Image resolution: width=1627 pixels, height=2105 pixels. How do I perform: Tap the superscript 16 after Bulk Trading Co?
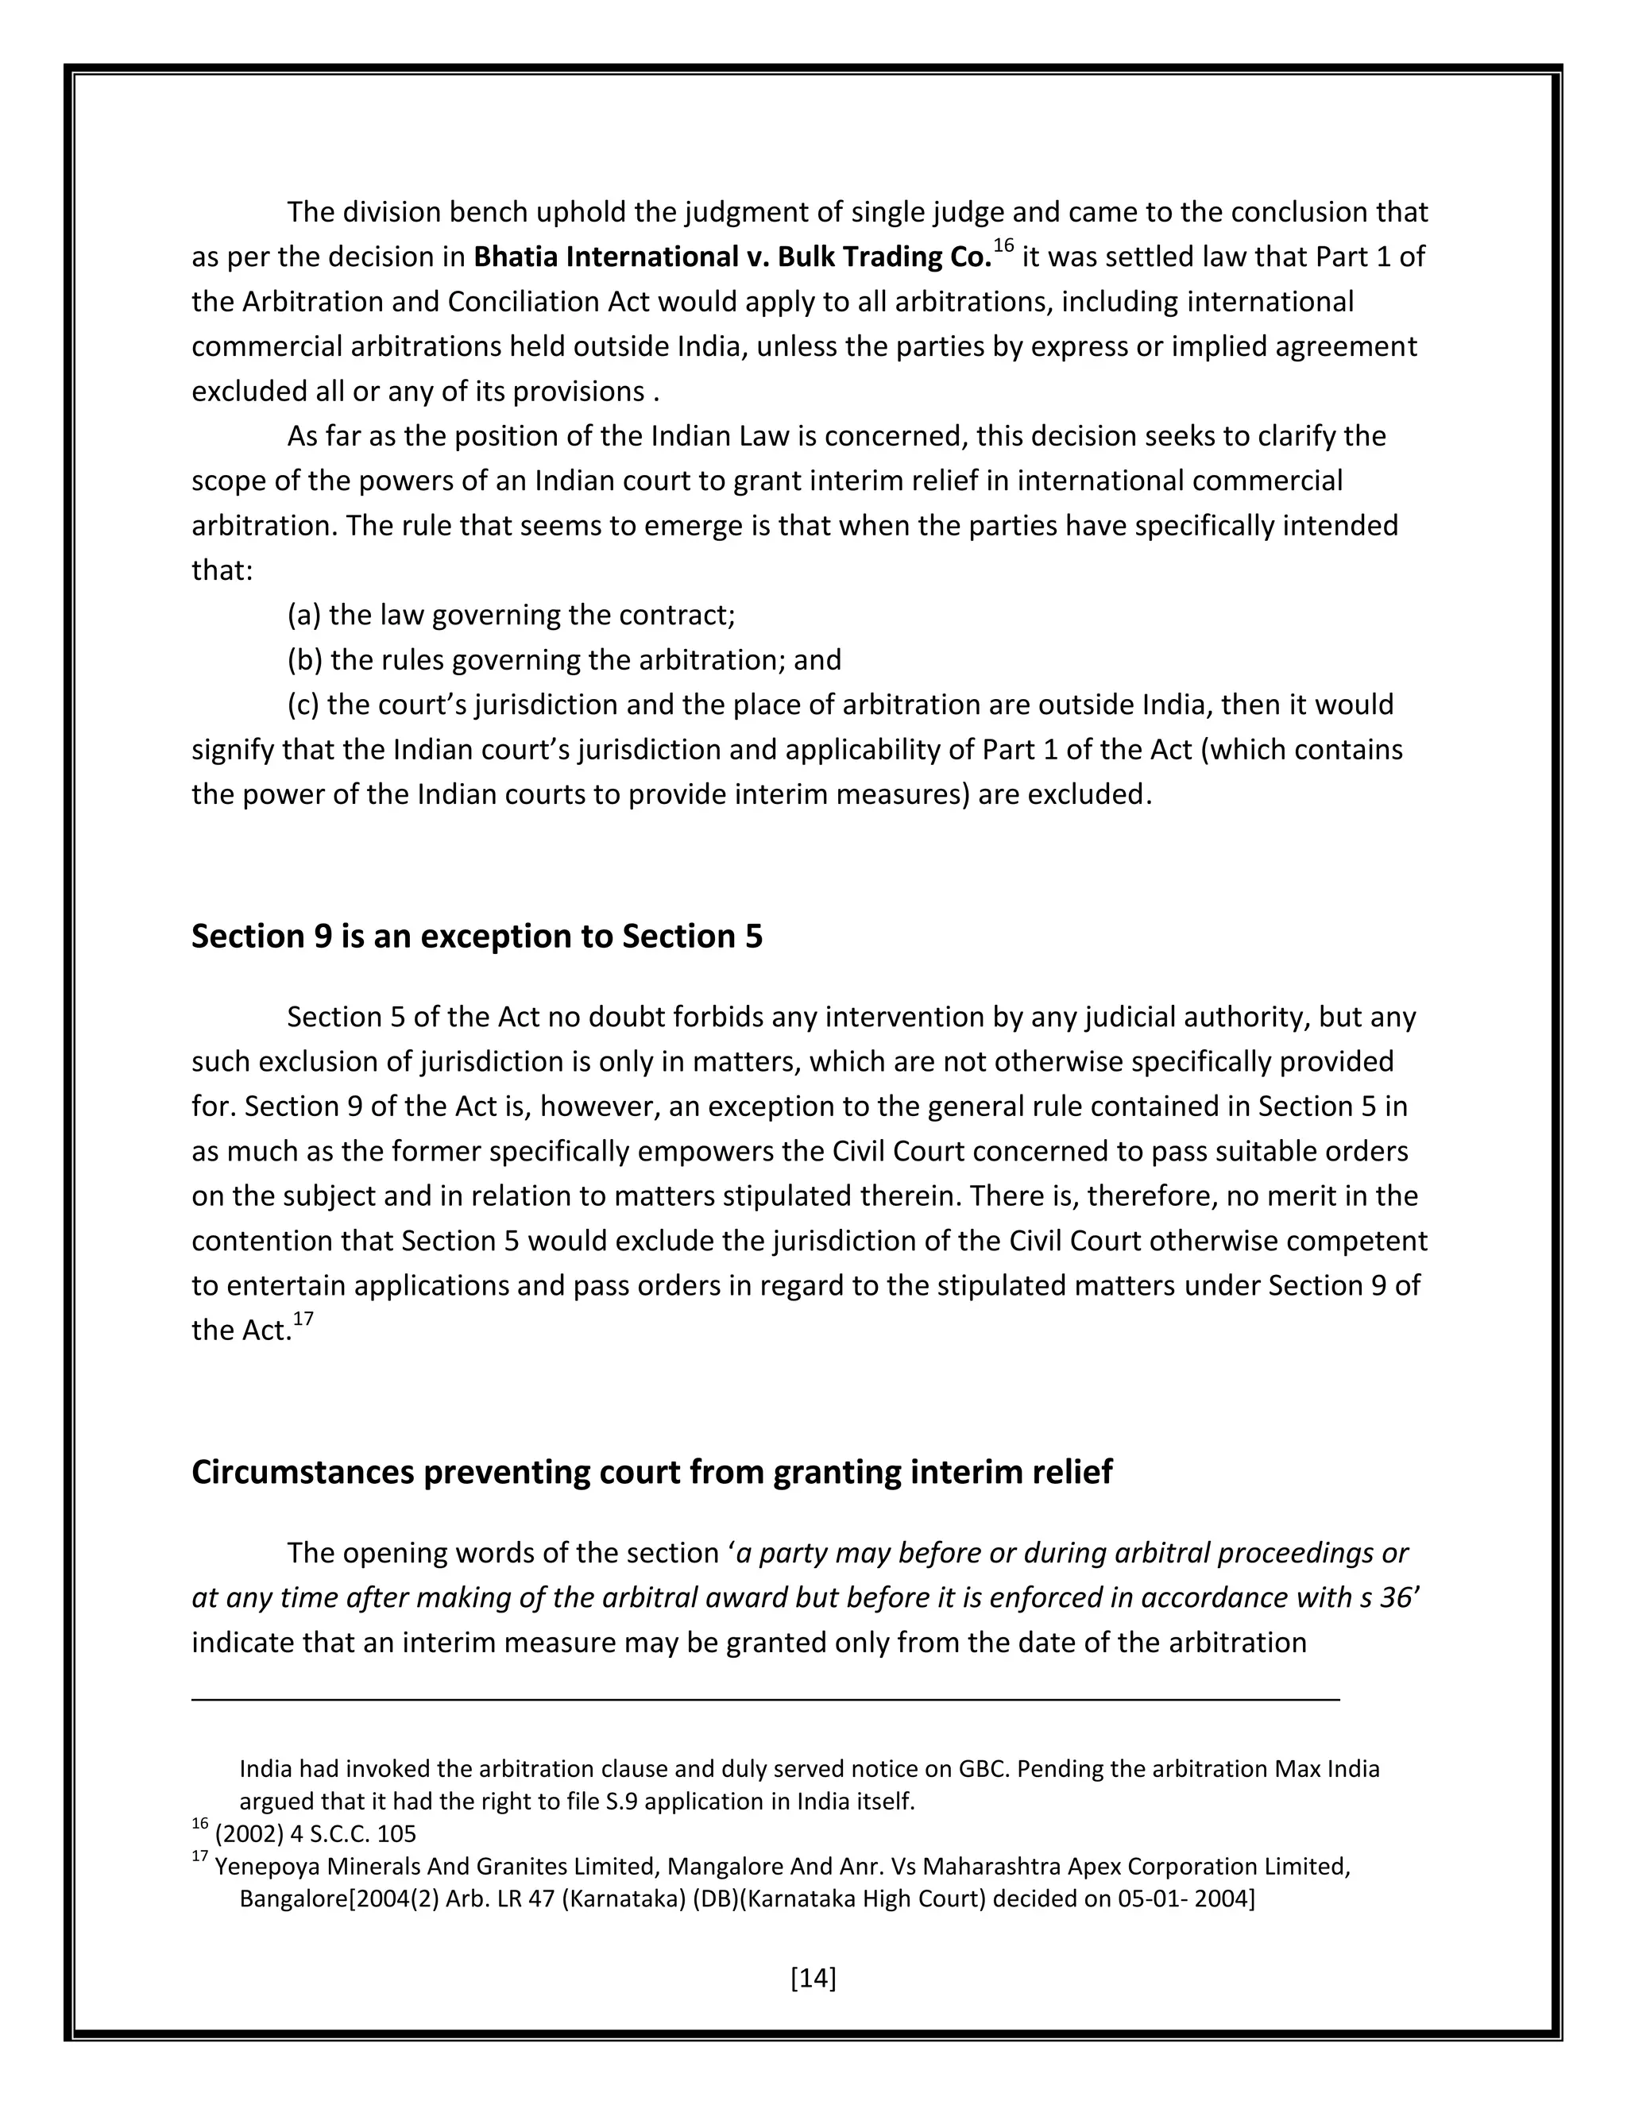1003,247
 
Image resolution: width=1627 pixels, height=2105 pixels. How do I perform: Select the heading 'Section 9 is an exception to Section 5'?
476,936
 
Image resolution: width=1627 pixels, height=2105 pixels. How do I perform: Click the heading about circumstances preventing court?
651,1472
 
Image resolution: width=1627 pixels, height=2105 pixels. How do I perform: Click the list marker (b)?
306,660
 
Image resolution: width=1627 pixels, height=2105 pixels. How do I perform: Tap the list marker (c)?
304,705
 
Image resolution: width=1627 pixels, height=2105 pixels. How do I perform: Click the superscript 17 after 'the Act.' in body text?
303,1319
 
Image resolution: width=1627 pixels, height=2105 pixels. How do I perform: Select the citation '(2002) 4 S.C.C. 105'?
315,1833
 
